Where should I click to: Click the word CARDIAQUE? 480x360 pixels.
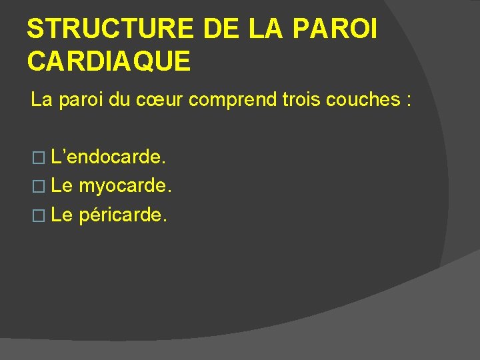pos(109,61)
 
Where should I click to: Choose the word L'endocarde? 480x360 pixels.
pos(109,158)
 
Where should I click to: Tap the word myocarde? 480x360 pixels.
pos(125,186)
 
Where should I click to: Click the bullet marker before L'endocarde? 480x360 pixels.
pos(38,159)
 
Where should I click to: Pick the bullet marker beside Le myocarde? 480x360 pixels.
pos(38,187)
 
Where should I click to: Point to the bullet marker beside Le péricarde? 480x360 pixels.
pos(38,215)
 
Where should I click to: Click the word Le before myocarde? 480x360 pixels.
pos(62,186)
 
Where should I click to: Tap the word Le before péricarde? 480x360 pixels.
pos(62,215)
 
